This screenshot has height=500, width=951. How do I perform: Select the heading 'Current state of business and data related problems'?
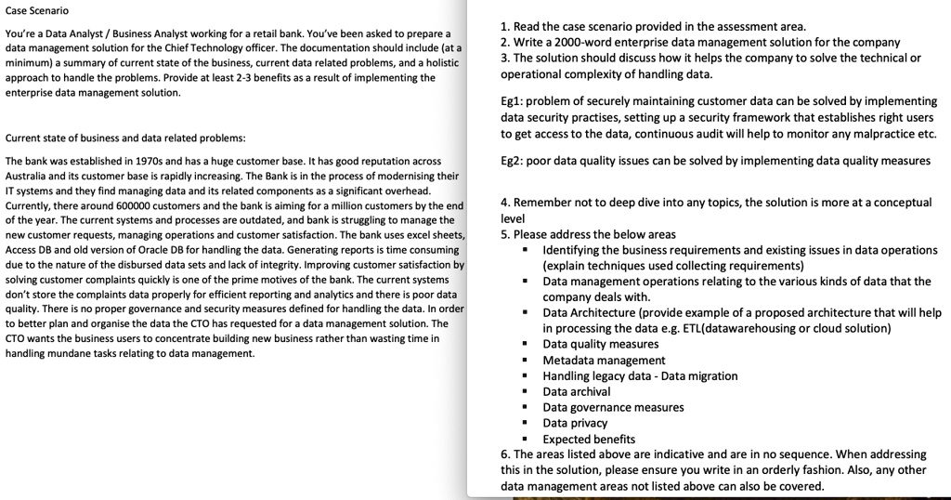click(x=125, y=138)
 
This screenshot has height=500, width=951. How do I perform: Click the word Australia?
click(x=27, y=176)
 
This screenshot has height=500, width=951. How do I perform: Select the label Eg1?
click(x=513, y=101)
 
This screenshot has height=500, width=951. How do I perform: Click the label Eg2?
click(x=513, y=161)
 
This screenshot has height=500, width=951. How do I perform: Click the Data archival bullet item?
click(x=577, y=391)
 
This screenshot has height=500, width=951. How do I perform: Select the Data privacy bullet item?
click(x=575, y=423)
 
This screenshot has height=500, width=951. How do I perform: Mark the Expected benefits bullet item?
click(x=589, y=439)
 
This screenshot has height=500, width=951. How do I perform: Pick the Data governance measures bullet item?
click(x=613, y=407)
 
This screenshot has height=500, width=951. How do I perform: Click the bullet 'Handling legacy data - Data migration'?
click(x=640, y=375)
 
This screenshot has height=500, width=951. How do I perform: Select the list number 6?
click(x=504, y=454)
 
